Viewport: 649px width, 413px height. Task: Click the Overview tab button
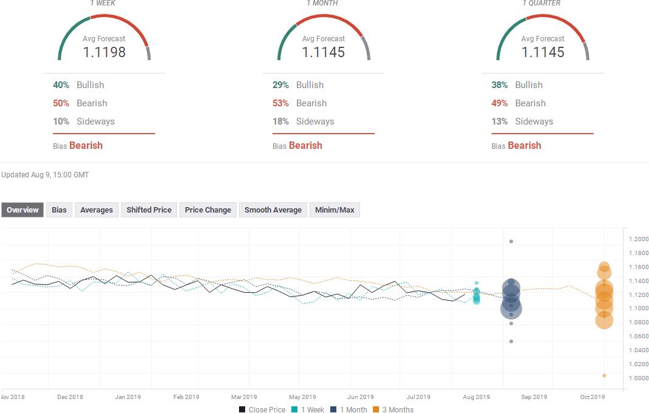pos(23,210)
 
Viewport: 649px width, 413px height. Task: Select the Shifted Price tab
pos(148,210)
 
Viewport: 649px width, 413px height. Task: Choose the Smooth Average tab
pos(272,210)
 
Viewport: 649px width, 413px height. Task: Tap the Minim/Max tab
pos(335,210)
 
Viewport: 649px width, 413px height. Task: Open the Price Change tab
pos(208,210)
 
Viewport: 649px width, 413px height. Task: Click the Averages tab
pos(96,210)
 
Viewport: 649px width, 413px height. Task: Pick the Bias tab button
pos(59,210)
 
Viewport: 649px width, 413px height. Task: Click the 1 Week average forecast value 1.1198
pos(104,52)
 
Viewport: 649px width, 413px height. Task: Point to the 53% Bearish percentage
pos(280,103)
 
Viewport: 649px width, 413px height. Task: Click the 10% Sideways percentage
pos(61,121)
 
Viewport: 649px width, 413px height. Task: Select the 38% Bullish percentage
pos(499,85)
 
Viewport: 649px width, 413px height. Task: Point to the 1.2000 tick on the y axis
pos(638,239)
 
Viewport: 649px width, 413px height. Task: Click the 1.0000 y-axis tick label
pos(638,378)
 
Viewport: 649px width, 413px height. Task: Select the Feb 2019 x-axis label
pos(186,397)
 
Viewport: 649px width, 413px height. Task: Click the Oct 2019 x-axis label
pos(592,397)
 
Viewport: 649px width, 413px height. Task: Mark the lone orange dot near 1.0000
pos(604,375)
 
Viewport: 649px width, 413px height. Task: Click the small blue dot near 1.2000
pos(511,242)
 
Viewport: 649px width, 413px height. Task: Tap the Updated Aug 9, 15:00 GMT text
pos(45,175)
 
